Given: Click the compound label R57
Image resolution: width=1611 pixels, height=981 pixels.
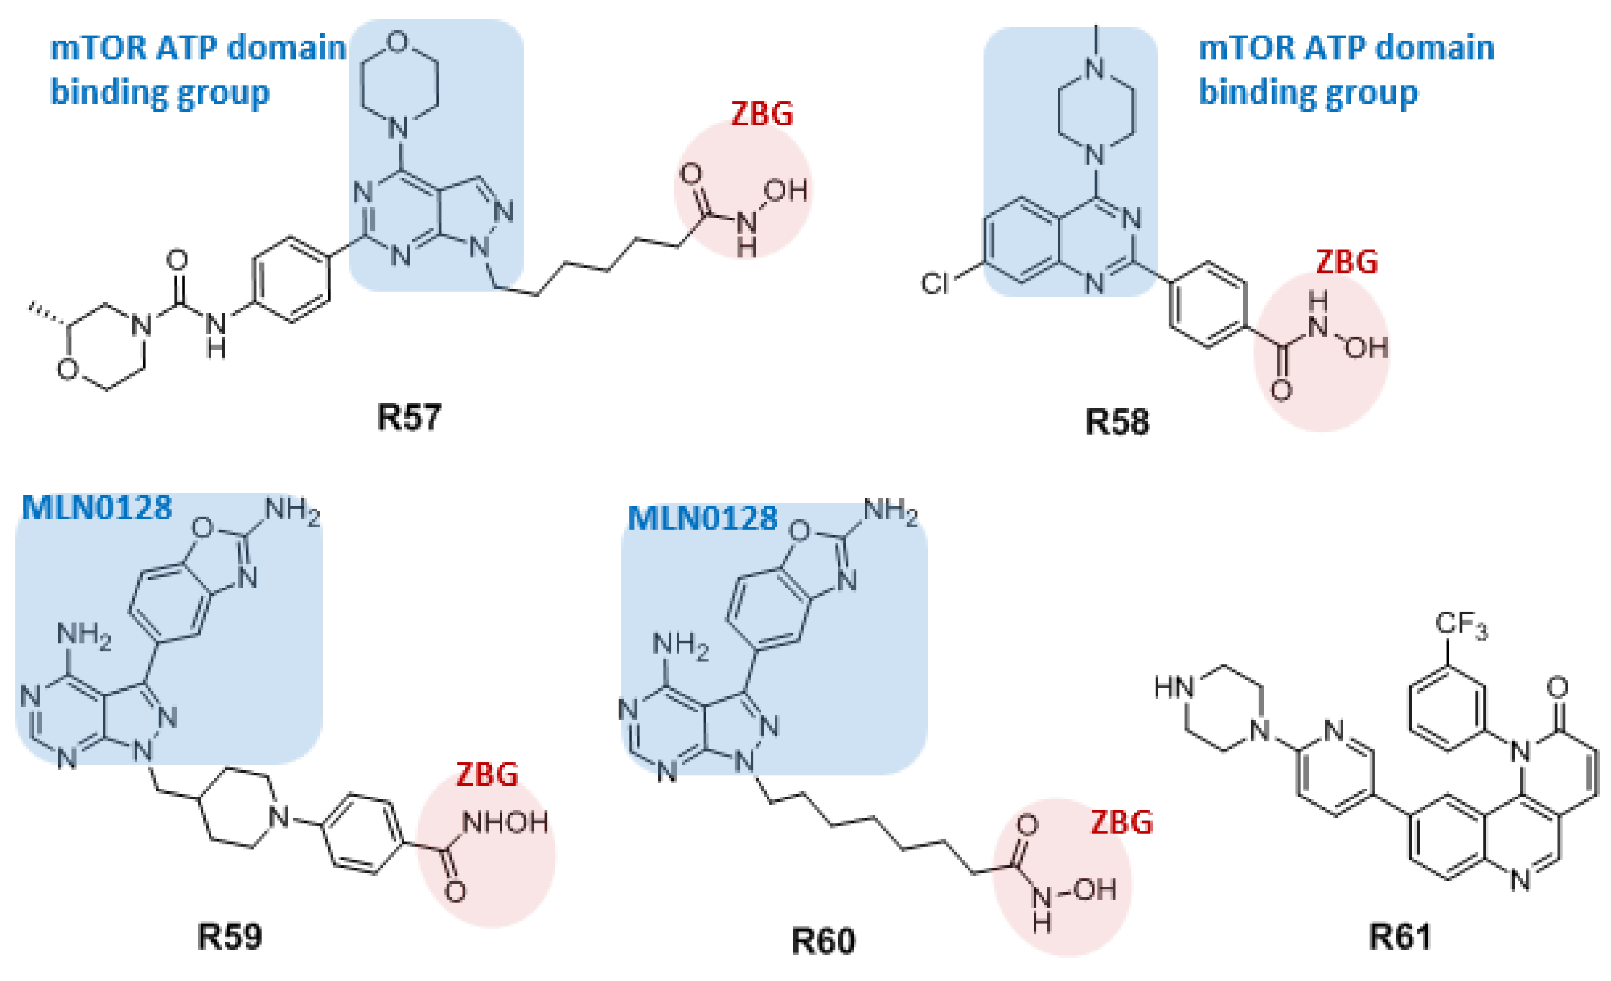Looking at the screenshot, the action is tap(409, 416).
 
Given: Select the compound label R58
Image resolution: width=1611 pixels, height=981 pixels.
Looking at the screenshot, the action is tap(1117, 421).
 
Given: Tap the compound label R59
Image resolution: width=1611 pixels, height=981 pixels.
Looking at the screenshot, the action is tap(230, 936).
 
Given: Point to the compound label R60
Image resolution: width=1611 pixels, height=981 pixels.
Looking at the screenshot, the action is tap(823, 941).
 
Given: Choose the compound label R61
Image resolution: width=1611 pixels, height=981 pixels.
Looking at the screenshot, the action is tap(1400, 936).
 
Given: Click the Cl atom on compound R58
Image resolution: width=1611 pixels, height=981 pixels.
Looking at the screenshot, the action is tap(934, 283).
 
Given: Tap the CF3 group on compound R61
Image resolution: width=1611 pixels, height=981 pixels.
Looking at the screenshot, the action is tap(1461, 624).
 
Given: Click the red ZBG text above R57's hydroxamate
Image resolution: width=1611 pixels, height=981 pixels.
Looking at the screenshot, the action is tap(762, 114).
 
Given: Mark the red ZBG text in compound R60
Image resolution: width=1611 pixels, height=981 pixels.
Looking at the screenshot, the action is tap(1121, 822).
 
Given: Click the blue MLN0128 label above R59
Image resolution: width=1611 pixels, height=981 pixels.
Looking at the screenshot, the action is tap(97, 507).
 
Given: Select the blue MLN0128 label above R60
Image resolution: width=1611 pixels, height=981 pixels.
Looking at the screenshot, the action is tap(702, 518).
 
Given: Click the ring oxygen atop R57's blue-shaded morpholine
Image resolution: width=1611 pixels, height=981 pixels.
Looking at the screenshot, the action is tap(398, 41).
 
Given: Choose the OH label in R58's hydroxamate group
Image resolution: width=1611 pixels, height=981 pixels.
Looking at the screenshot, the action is tap(1366, 347).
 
